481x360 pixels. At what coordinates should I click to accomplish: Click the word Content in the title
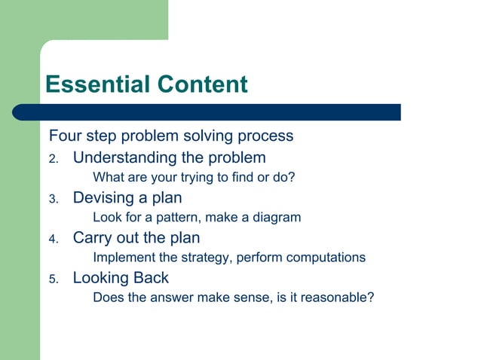[x=201, y=84]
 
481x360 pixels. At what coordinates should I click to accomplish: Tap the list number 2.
[x=53, y=160]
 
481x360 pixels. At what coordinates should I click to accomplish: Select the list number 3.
[x=53, y=200]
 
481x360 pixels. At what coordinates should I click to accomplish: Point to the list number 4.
[x=53, y=239]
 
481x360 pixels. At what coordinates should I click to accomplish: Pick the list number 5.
[x=53, y=279]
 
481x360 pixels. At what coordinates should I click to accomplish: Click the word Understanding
[x=124, y=158]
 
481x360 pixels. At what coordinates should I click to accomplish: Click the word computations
[x=319, y=258]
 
